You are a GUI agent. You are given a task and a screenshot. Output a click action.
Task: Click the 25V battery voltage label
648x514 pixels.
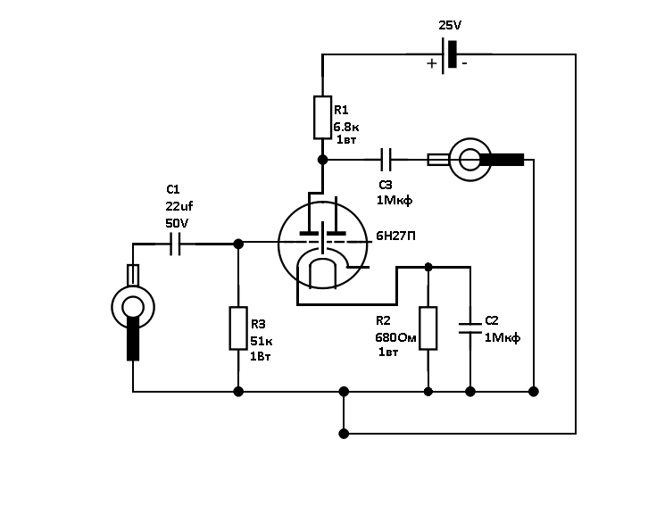click(x=450, y=25)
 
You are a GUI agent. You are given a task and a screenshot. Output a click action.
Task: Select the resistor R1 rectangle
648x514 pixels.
click(x=322, y=118)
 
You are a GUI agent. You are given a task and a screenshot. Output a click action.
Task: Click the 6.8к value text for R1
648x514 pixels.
click(x=345, y=127)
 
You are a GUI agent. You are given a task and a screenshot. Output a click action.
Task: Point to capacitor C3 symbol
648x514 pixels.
click(x=386, y=160)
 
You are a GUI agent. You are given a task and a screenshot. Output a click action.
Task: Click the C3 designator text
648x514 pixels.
click(x=386, y=184)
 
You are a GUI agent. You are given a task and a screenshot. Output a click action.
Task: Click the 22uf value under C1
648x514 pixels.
click(x=179, y=206)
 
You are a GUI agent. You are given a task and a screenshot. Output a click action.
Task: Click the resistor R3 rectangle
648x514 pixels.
click(x=237, y=327)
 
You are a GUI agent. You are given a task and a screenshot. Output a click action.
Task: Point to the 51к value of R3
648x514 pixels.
click(x=262, y=340)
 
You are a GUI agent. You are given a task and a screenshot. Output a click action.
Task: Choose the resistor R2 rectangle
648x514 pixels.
click(x=428, y=327)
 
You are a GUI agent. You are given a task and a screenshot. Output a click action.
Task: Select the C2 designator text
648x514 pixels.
click(x=492, y=319)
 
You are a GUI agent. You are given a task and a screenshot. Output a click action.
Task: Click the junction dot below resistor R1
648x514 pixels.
click(x=322, y=160)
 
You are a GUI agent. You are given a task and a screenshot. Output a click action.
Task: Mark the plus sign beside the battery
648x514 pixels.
click(x=432, y=63)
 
